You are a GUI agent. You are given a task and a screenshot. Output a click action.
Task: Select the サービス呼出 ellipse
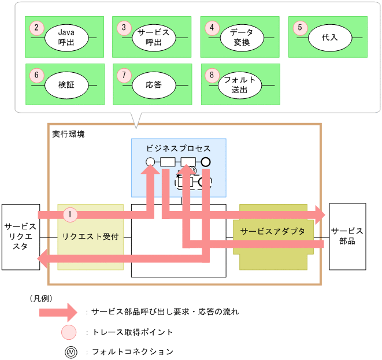(153, 37)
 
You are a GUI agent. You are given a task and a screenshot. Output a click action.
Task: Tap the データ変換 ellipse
(241, 37)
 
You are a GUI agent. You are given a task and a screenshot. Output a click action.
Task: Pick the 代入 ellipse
(330, 37)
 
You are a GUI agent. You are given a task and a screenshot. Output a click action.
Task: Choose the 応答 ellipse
(153, 84)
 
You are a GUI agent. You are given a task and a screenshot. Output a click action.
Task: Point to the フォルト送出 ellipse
(241, 84)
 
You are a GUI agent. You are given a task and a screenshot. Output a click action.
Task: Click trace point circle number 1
(69, 214)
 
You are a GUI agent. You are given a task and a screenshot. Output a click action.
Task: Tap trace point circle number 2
(37, 27)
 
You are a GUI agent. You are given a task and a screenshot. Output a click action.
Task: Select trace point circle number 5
(299, 27)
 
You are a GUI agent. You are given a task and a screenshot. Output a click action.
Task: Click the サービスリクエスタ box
(20, 237)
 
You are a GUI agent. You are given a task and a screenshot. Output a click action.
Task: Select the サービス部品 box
(347, 236)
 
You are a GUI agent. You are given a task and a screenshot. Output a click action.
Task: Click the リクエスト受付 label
(90, 237)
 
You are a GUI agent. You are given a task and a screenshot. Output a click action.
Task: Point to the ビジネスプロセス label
(178, 148)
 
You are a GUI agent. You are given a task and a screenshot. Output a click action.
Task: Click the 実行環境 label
(68, 133)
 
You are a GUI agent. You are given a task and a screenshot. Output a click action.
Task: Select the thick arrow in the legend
(57, 311)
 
